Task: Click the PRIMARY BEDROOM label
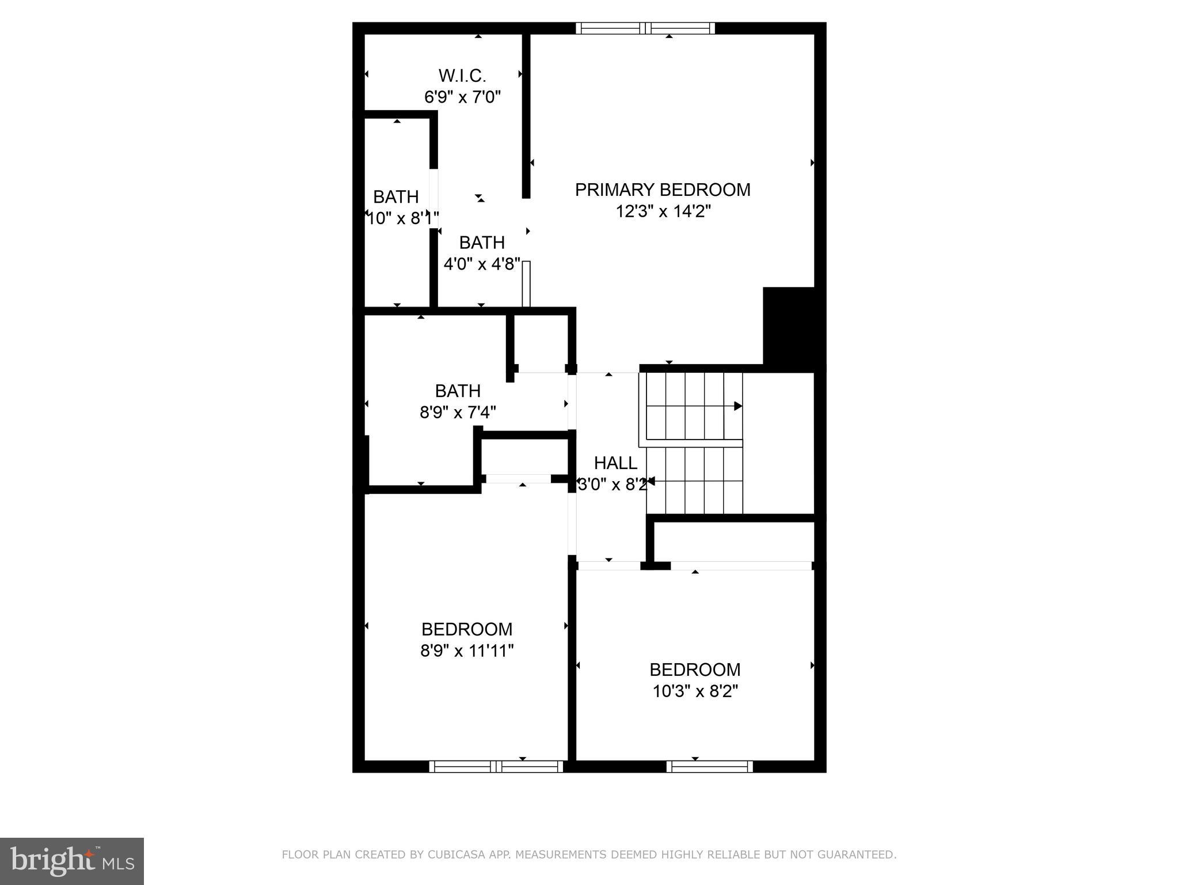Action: pos(662,190)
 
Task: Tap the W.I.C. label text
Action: pos(462,75)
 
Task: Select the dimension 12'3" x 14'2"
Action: pos(663,211)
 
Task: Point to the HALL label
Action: pos(615,463)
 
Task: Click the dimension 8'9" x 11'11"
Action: pos(467,650)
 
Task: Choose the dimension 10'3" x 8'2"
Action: pos(695,691)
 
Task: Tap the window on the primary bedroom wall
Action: pos(645,28)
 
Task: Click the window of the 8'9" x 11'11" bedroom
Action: pos(496,766)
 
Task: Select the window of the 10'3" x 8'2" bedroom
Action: pos(709,766)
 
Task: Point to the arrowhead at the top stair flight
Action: pos(737,406)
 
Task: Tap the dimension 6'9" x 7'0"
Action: pos(462,97)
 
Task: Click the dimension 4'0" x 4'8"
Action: pos(482,264)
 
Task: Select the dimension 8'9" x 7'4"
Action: pos(458,413)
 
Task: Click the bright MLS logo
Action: pos(72,861)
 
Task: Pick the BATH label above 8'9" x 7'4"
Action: pos(458,391)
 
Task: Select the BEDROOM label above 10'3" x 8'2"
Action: pos(695,670)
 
